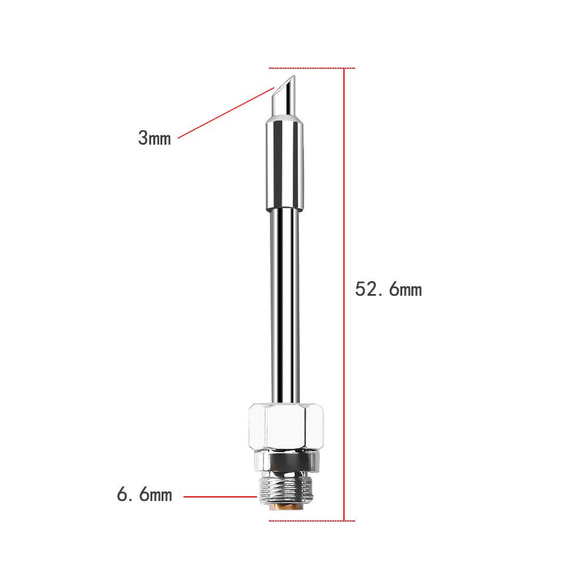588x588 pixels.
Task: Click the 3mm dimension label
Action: [154, 139]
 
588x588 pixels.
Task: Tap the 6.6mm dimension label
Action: [145, 495]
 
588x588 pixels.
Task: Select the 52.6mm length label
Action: [388, 289]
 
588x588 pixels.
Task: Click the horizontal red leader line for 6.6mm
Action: [220, 496]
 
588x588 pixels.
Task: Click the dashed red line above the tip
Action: [312, 68]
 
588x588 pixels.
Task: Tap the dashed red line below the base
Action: [312, 520]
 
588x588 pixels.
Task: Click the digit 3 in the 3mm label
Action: [143, 139]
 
